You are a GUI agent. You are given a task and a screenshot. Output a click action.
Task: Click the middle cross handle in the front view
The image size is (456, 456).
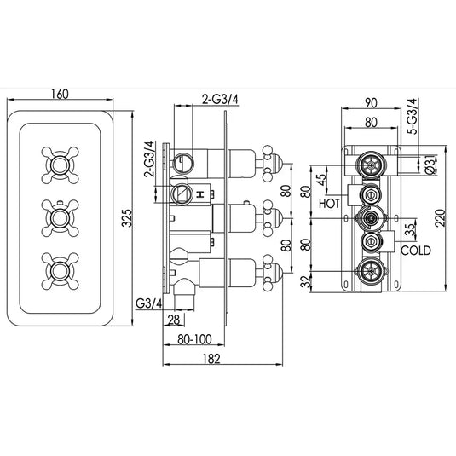59,217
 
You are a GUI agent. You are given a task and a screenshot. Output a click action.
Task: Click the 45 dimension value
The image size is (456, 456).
321,181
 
